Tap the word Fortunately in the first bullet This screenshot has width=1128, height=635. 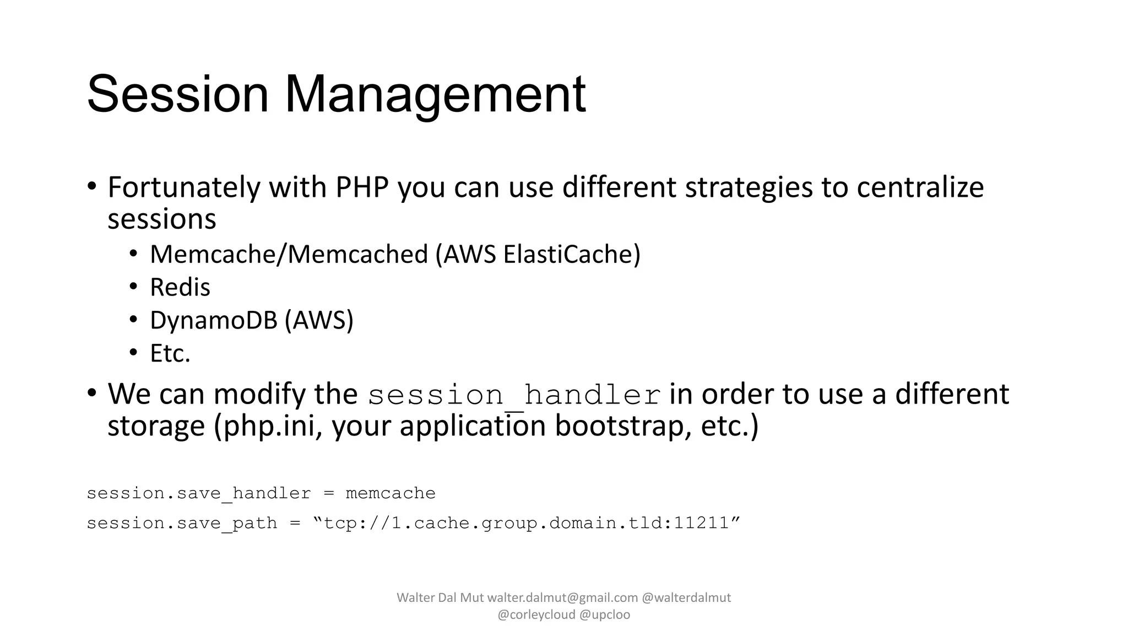pos(184,187)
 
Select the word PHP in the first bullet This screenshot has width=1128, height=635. pos(362,187)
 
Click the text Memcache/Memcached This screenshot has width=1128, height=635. pos(289,255)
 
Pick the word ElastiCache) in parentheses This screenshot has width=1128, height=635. pos(572,255)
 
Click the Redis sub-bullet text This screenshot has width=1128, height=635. pos(180,288)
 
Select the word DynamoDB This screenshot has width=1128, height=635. pos(213,321)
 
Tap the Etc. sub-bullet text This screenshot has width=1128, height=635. pos(170,354)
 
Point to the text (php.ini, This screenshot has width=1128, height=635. pos(268,427)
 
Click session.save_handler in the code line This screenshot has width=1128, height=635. pos(198,493)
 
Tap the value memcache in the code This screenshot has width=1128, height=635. pos(390,493)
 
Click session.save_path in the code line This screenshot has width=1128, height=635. pos(182,523)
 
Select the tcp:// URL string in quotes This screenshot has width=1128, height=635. pos(526,523)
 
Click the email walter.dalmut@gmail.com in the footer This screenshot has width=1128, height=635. pos(562,598)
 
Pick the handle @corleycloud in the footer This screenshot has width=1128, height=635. pos(536,615)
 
